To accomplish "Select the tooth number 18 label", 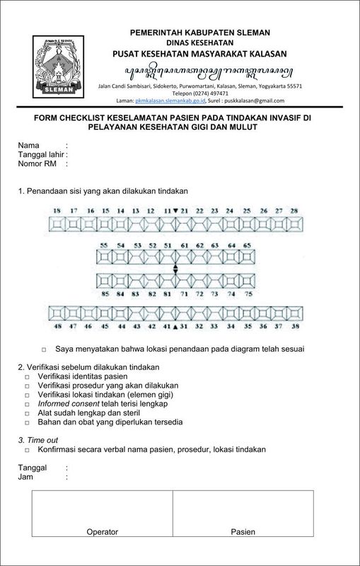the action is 57,211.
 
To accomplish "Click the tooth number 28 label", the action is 296,211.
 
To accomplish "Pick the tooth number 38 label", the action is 296,327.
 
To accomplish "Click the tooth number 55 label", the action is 104,245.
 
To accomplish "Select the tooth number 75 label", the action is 248,292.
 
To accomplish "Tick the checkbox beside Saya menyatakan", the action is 44,350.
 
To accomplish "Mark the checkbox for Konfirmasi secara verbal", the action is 27,450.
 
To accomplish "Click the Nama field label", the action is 29,145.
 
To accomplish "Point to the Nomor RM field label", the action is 37,163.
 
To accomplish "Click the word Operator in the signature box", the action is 102,532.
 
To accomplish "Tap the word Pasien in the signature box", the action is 243,532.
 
